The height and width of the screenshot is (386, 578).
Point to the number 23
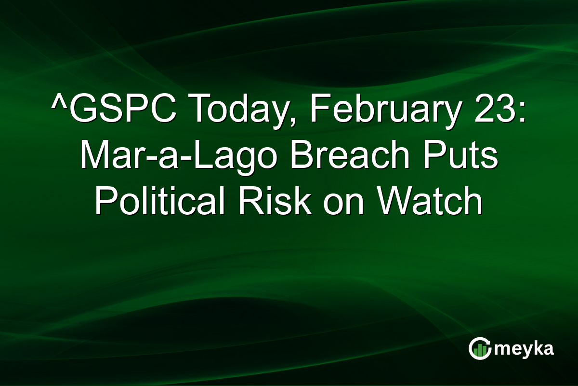498,110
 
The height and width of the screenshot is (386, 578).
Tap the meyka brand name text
524,349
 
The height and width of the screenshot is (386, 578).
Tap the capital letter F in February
317,110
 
